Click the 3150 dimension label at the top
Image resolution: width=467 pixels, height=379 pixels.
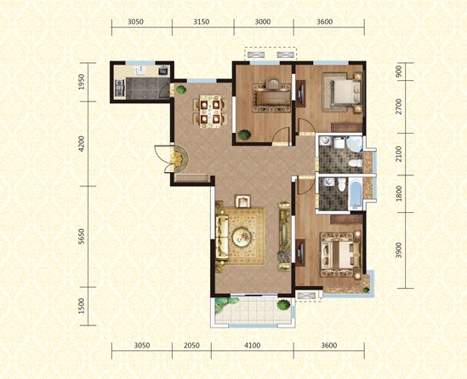tap(201, 23)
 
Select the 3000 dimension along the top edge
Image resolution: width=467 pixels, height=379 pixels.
tap(264, 23)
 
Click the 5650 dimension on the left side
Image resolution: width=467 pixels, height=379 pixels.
tap(82, 240)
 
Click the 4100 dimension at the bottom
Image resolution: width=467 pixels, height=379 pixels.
tap(252, 346)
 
